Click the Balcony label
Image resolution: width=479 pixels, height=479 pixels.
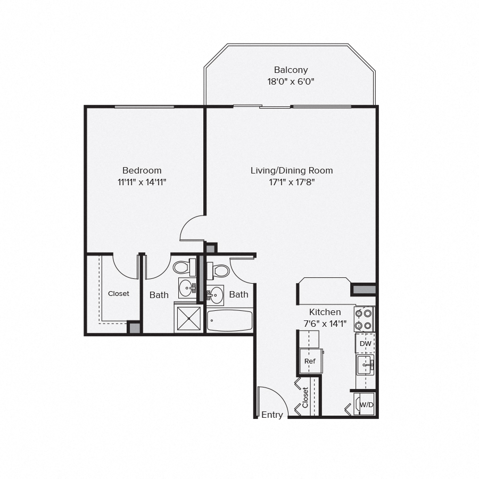coord(291,70)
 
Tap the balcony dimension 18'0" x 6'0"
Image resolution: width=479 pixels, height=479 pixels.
coord(291,82)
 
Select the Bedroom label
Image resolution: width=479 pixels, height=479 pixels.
coord(142,170)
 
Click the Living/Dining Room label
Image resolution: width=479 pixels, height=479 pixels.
coord(292,170)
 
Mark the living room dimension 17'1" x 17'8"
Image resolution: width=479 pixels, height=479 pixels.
coord(292,182)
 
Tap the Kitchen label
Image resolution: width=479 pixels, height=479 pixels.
coord(325,312)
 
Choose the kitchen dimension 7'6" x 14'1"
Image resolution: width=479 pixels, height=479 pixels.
coord(324,323)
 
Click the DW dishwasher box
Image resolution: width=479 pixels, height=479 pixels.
coord(365,343)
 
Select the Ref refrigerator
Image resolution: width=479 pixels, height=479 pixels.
coord(310,361)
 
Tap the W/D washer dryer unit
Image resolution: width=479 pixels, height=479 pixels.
coord(365,404)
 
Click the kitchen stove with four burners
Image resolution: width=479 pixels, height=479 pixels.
coord(365,319)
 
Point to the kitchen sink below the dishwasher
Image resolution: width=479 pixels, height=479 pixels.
coord(365,365)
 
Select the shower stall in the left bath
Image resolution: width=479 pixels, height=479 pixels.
coord(188,317)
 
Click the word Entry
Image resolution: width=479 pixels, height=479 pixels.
coord(272,415)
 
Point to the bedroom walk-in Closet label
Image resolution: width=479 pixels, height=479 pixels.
coord(118,293)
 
